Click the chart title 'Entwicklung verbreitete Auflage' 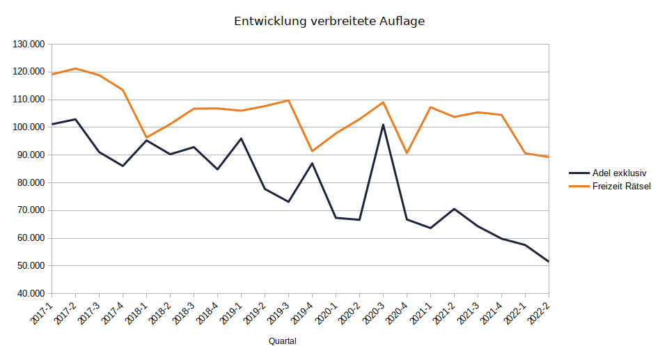[x=329, y=22]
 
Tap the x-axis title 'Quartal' [x=283, y=341]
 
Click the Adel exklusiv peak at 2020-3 [x=383, y=125]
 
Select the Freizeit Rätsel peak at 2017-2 [x=75, y=68]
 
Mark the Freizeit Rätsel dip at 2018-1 [x=146, y=138]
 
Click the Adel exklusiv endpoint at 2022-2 [x=548, y=261]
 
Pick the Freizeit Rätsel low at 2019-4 [x=312, y=151]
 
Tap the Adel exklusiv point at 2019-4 [x=312, y=163]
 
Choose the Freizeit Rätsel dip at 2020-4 [x=407, y=153]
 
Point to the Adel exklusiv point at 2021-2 [x=454, y=209]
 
